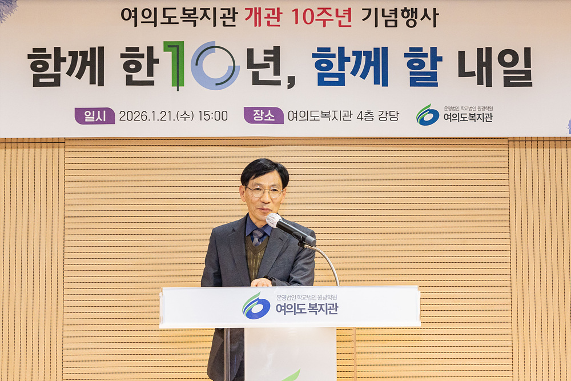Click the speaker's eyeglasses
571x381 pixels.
[x=264, y=192]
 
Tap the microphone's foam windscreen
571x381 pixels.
[x=274, y=220]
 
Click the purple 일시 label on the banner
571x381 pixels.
[x=94, y=116]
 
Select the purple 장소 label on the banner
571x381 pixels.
[x=263, y=116]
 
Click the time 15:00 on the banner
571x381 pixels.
[x=212, y=116]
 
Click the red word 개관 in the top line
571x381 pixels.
[x=263, y=17]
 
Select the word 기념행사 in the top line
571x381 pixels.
[x=400, y=17]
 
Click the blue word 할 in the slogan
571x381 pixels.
[x=423, y=66]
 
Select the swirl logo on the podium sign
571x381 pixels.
[x=256, y=306]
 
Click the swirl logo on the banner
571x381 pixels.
[x=428, y=115]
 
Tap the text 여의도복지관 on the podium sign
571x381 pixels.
[x=307, y=309]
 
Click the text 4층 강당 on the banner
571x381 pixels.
[x=377, y=116]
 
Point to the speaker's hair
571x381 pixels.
[x=264, y=170]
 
